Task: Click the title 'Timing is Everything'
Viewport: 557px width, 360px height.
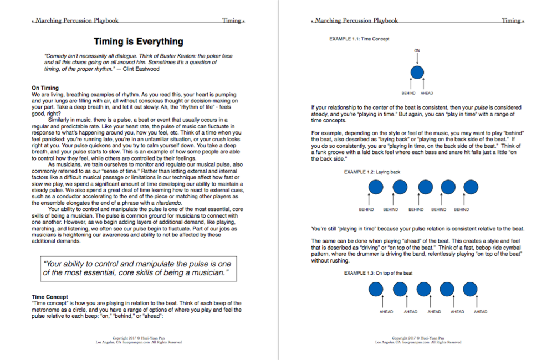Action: click(x=139, y=42)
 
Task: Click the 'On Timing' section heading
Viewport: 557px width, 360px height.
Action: click(x=45, y=88)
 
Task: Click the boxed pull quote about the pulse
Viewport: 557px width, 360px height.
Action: click(x=139, y=269)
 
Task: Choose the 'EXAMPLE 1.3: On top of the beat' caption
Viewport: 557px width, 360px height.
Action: click(x=378, y=273)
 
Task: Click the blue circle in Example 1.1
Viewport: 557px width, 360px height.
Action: click(x=417, y=73)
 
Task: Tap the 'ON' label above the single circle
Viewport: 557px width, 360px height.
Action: click(x=417, y=50)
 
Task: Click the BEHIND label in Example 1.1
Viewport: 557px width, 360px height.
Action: click(x=409, y=93)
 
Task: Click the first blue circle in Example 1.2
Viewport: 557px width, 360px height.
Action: click(x=376, y=187)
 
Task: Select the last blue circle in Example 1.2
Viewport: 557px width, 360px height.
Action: click(x=469, y=187)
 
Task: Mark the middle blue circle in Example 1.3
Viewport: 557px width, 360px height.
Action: click(x=423, y=289)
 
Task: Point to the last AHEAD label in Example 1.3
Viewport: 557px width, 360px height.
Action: click(x=481, y=312)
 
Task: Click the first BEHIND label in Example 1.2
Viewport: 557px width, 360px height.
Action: click(x=366, y=209)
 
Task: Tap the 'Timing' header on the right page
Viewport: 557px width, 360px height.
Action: click(x=510, y=20)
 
